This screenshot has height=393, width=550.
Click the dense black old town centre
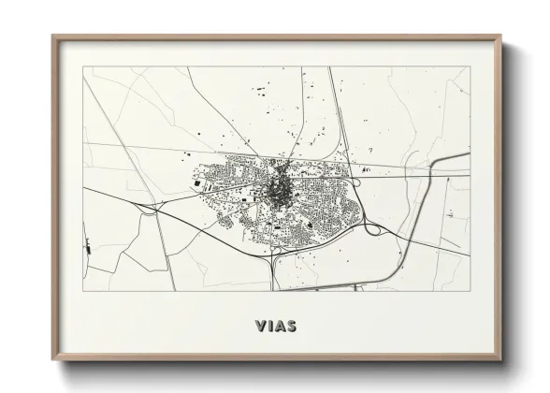[x=277, y=191]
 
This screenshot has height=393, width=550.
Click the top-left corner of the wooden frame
[x=52, y=36]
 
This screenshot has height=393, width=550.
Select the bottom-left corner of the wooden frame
[x=52, y=360]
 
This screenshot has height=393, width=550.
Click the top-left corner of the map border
[x=83, y=67]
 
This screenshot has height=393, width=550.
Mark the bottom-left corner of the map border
[x=83, y=291]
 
